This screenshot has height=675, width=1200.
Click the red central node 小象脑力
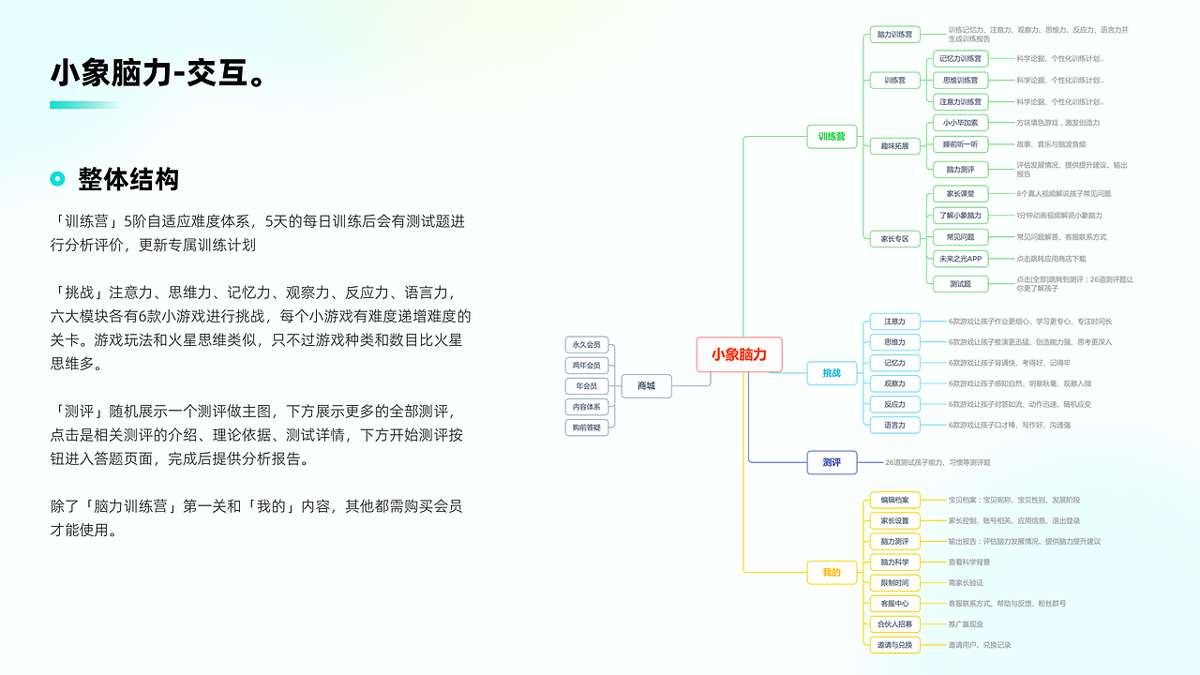pyautogui.click(x=739, y=354)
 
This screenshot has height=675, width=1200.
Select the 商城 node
pyautogui.click(x=646, y=385)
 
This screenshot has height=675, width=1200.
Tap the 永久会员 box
pyautogui.click(x=587, y=344)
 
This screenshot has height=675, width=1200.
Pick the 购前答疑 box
pyautogui.click(x=587, y=427)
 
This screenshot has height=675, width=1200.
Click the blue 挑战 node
pyautogui.click(x=832, y=373)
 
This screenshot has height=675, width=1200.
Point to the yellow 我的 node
pyautogui.click(x=832, y=572)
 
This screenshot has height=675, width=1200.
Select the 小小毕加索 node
pyautogui.click(x=960, y=123)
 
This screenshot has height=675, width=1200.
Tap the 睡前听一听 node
pyautogui.click(x=960, y=144)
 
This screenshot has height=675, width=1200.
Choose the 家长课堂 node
pyautogui.click(x=960, y=194)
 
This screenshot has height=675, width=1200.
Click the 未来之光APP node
pyautogui.click(x=960, y=259)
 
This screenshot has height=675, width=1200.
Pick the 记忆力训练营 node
pyautogui.click(x=960, y=59)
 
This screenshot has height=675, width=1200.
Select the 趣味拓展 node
pyautogui.click(x=894, y=146)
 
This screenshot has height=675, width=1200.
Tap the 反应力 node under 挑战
pyautogui.click(x=894, y=405)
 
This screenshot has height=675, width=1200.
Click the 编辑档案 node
pyautogui.click(x=894, y=500)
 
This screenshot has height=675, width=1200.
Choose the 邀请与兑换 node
pyautogui.click(x=894, y=645)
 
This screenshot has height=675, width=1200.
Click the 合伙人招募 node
pyautogui.click(x=894, y=624)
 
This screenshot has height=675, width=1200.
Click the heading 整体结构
pyautogui.click(x=128, y=179)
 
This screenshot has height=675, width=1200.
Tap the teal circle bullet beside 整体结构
pyautogui.click(x=57, y=179)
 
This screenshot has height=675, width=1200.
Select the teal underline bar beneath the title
pyautogui.click(x=84, y=105)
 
